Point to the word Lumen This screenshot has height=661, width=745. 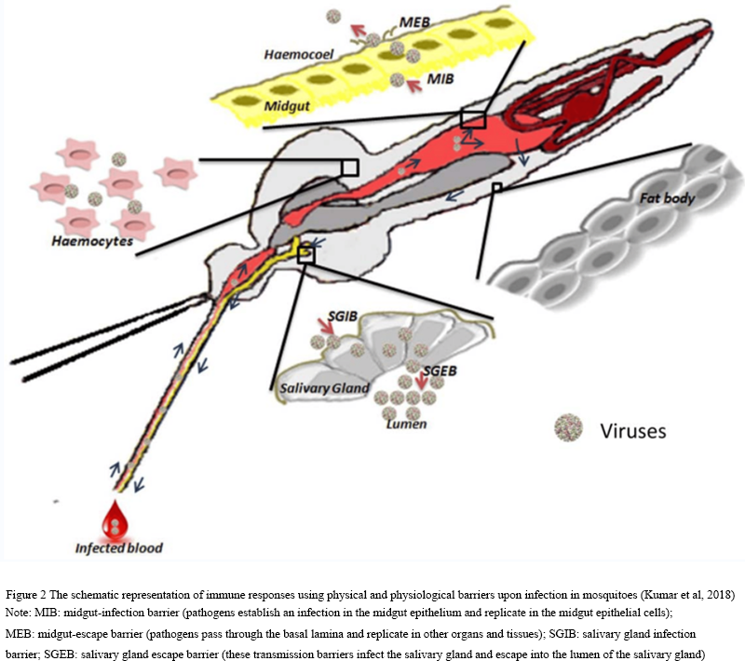click(407, 425)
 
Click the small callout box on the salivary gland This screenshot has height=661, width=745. click(305, 253)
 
